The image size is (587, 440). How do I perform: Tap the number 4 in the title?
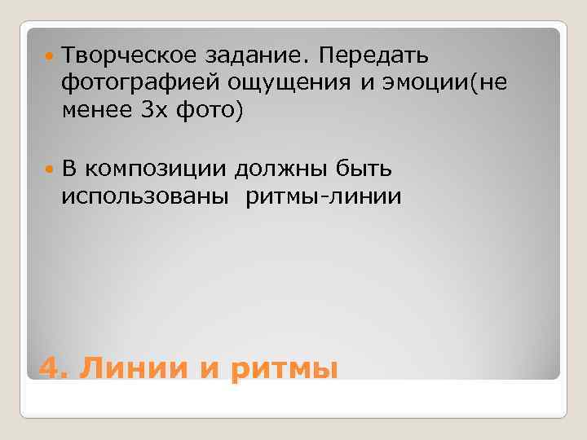coord(50,368)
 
